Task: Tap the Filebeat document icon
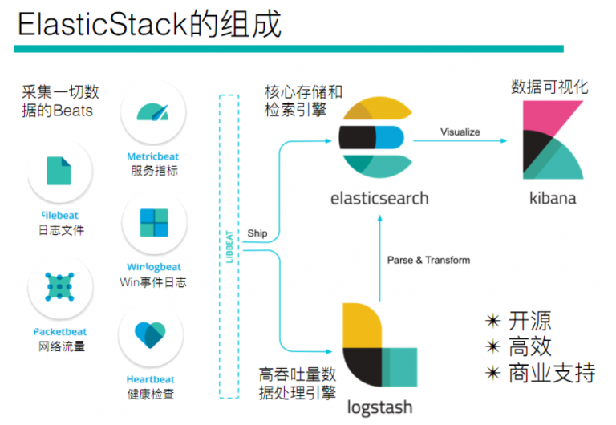pos(59,171)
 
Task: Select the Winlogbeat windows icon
pos(153,225)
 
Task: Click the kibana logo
pos(552,142)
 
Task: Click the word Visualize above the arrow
pos(460,132)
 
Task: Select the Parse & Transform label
pos(428,260)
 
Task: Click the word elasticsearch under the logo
pos(379,197)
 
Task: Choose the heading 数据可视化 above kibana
pos(549,86)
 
